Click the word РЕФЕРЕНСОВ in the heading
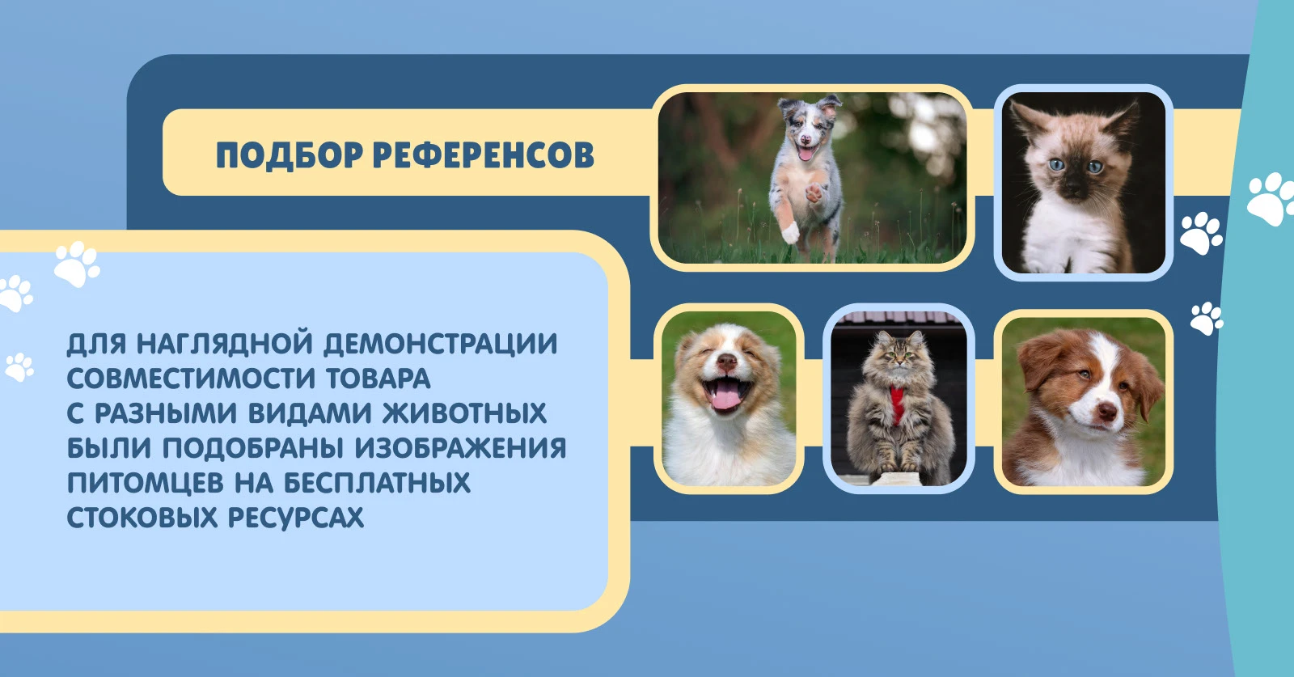(x=484, y=154)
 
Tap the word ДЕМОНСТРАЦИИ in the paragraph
(x=440, y=344)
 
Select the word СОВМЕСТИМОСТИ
(x=191, y=379)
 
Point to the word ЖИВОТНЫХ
(x=464, y=413)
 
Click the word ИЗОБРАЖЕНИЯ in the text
(x=460, y=448)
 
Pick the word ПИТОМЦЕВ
(x=145, y=484)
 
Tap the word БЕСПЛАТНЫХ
(x=377, y=482)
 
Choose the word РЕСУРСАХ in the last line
(x=296, y=517)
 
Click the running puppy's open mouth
(x=805, y=153)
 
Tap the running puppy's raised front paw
(x=814, y=193)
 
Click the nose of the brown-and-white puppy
(x=1107, y=411)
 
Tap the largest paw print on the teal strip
(x=1271, y=199)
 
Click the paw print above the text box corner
(x=78, y=264)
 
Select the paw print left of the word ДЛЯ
(x=19, y=367)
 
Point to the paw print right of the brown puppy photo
(x=1207, y=319)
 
